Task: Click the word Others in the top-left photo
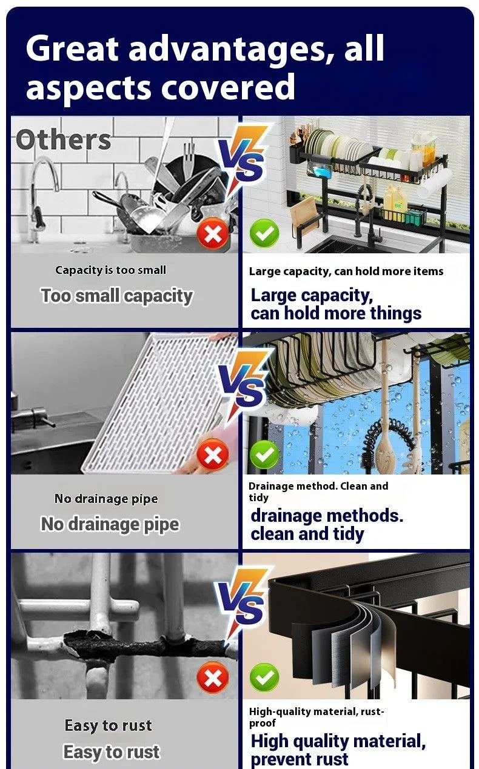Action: point(63,140)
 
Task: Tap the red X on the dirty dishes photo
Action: point(213,233)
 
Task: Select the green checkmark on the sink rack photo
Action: point(264,233)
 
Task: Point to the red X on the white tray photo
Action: point(213,454)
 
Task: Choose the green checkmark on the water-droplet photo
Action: point(264,454)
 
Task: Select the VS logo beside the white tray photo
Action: point(243,383)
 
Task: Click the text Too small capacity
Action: point(117,296)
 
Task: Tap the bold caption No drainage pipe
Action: point(110,524)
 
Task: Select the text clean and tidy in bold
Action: point(307,534)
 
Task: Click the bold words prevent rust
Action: point(300,759)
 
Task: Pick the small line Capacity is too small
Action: point(110,270)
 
